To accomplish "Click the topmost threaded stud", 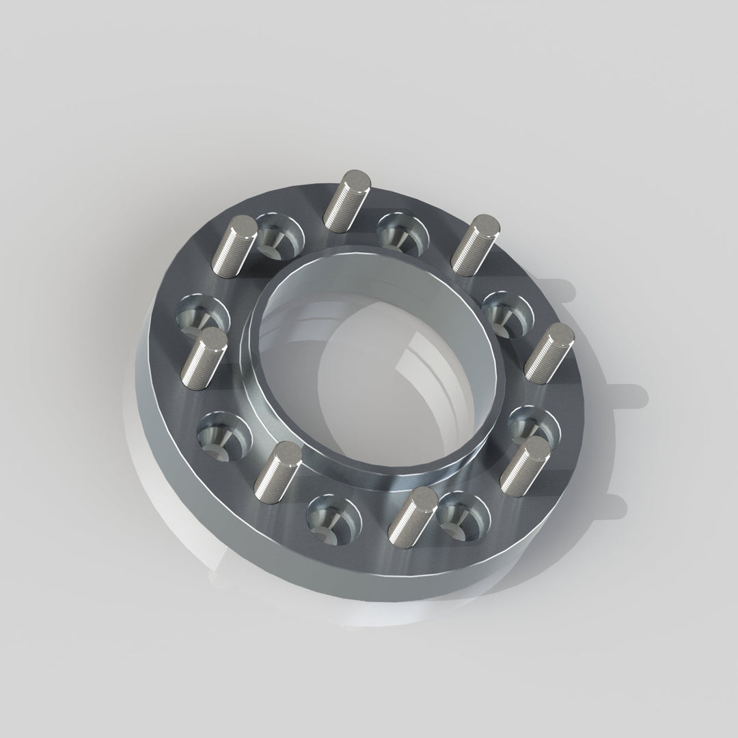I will (x=347, y=202).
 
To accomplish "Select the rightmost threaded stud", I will (x=551, y=353).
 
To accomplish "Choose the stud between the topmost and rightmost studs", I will (x=474, y=245).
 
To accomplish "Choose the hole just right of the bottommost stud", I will (x=465, y=517).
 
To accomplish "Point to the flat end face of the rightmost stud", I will (x=562, y=335).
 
